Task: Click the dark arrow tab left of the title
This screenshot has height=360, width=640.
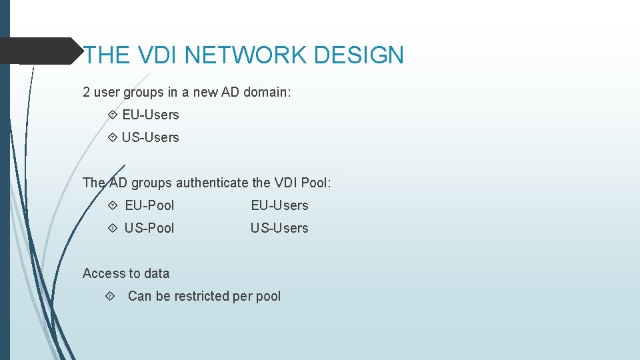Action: click(x=40, y=51)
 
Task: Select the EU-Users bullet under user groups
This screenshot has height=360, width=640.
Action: click(x=151, y=115)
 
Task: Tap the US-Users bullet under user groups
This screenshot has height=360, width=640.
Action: click(x=150, y=137)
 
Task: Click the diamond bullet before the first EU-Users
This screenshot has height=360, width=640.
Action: click(x=111, y=115)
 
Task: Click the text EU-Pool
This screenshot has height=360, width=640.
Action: click(x=149, y=205)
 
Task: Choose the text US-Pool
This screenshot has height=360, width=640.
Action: click(x=149, y=228)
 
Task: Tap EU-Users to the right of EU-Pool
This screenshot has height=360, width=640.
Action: click(x=279, y=205)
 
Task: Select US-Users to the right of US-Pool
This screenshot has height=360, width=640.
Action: click(x=279, y=228)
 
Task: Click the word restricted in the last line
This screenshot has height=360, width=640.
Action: click(x=201, y=296)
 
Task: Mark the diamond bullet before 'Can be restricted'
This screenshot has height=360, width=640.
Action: click(x=111, y=296)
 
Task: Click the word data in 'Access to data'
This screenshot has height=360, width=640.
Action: click(x=156, y=273)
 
